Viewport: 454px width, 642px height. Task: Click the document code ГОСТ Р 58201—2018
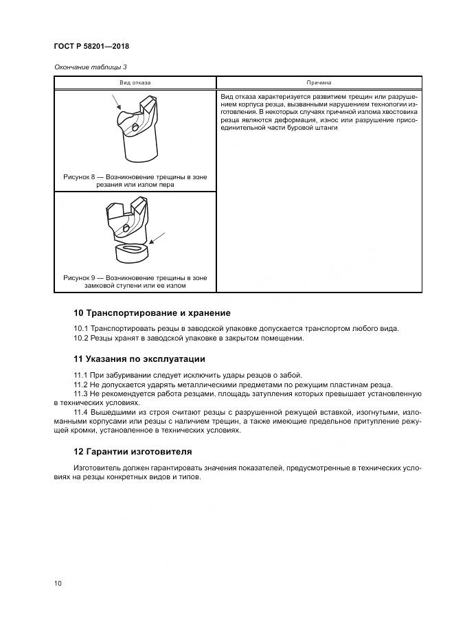(x=91, y=47)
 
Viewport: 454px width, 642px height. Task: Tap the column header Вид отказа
(x=135, y=82)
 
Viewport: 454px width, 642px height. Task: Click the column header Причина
(x=319, y=82)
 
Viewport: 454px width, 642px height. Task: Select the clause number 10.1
(x=81, y=328)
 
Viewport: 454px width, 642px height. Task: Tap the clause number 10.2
(x=81, y=338)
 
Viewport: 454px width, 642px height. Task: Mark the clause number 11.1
(x=81, y=374)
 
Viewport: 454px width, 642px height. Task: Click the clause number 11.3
(x=81, y=393)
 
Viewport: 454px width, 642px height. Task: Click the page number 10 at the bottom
(x=58, y=584)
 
